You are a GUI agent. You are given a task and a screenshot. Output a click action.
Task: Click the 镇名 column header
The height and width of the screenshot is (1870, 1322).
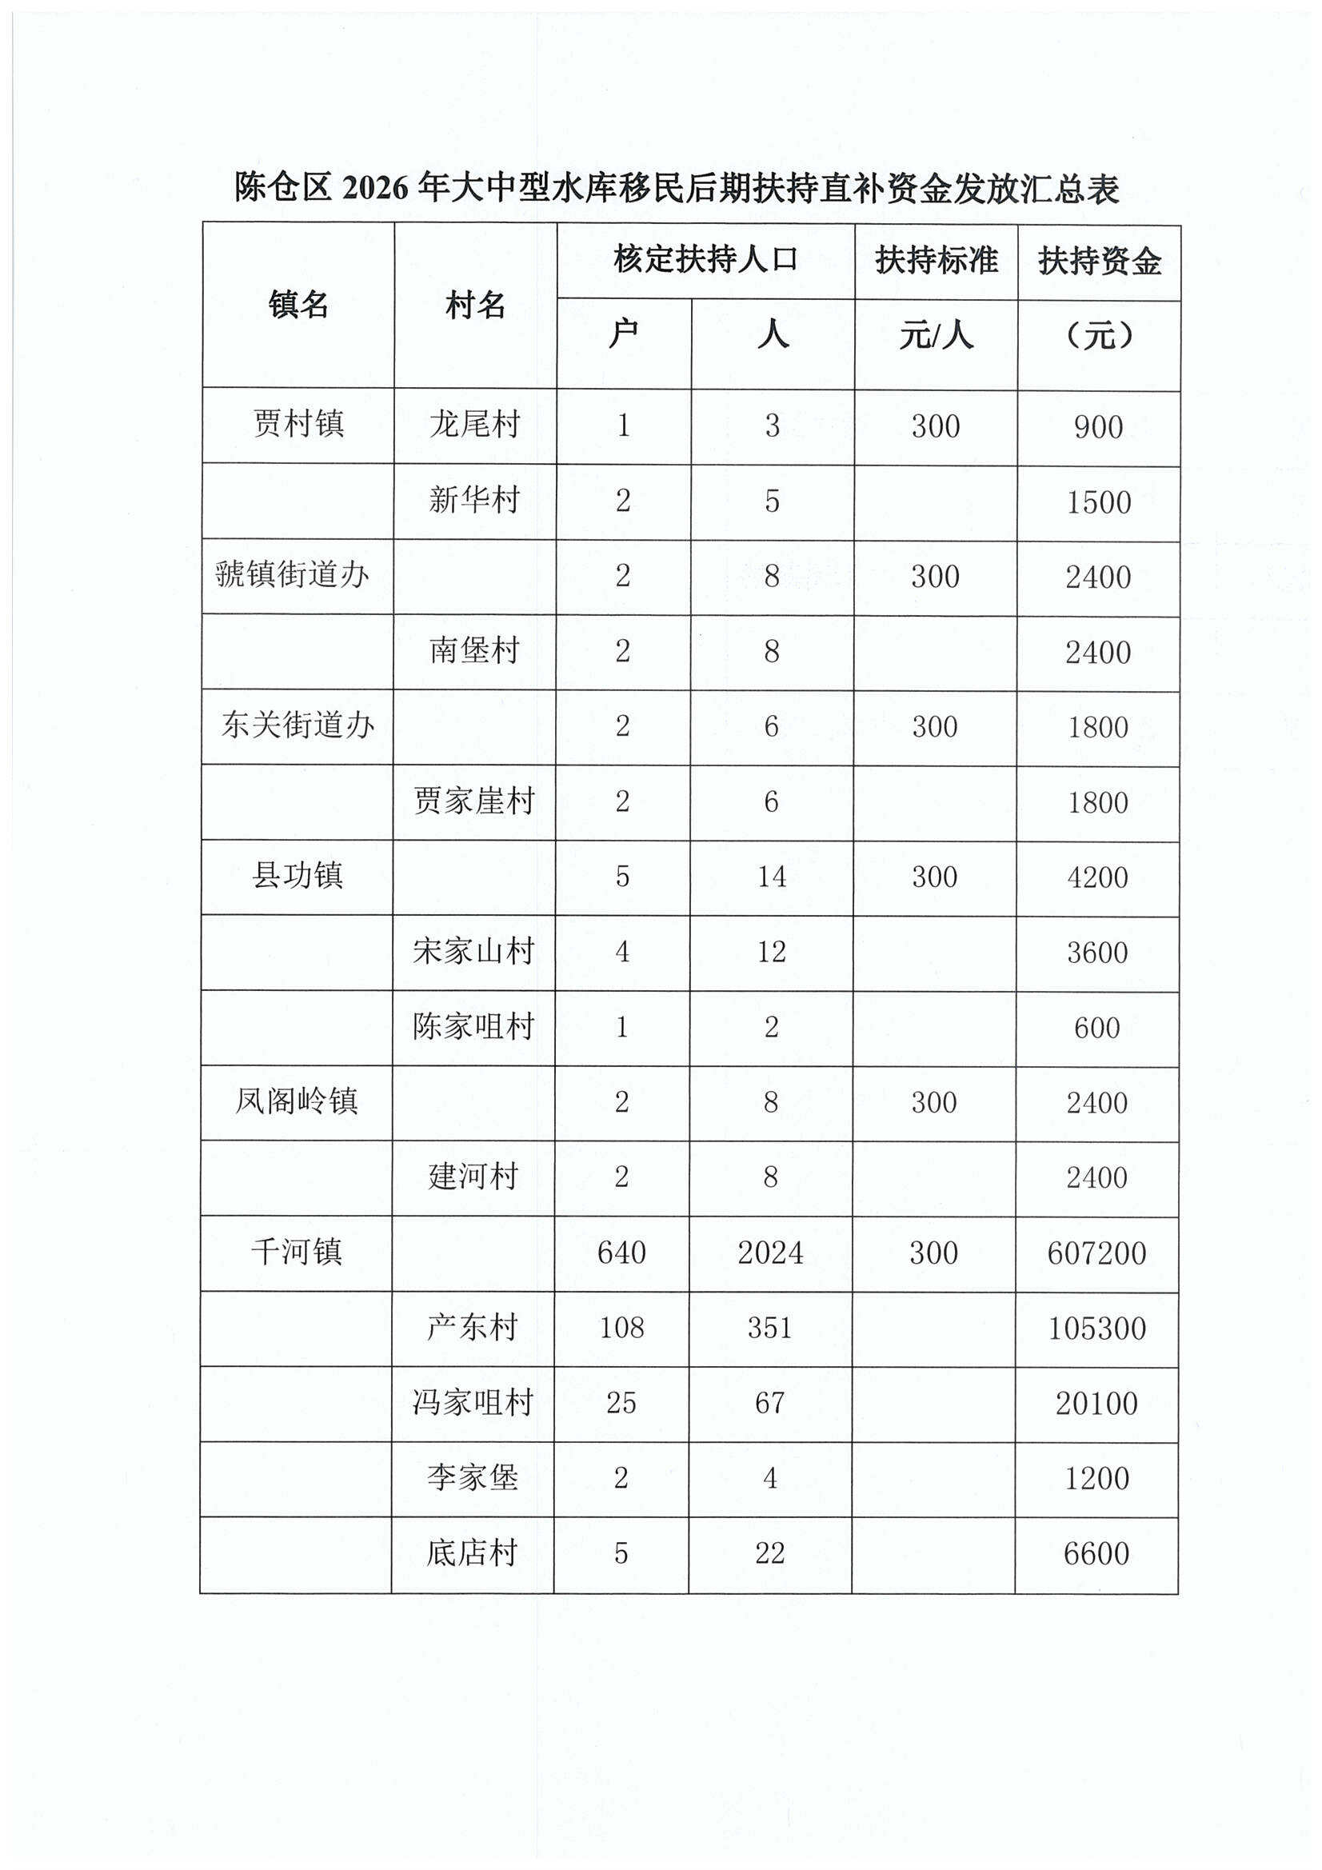298,306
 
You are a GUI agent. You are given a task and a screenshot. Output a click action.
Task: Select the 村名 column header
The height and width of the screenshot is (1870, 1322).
475,306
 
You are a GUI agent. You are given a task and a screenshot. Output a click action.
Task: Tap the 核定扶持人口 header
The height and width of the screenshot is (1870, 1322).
705,260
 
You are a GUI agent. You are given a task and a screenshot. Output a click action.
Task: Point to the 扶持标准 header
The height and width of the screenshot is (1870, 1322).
936,261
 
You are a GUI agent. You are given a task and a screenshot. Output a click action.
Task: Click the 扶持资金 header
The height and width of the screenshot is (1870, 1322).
1099,262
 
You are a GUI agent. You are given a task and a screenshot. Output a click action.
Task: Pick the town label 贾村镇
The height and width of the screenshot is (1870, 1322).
298,425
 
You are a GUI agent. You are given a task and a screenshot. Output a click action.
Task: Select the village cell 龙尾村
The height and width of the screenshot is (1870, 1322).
475,425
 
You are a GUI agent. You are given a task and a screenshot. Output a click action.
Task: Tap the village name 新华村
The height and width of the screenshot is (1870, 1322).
475,500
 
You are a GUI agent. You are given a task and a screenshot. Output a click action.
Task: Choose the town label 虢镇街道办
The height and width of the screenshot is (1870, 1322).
293,575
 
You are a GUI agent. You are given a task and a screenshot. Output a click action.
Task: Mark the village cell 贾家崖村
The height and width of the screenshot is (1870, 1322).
474,801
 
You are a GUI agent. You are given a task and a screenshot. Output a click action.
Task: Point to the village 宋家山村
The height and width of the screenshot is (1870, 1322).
473,951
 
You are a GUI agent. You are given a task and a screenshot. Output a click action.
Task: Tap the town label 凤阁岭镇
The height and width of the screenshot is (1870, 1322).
297,1102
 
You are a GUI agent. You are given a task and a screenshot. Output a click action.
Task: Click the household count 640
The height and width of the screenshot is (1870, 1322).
621,1253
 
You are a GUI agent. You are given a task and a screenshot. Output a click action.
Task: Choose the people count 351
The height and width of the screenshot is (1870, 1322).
769,1328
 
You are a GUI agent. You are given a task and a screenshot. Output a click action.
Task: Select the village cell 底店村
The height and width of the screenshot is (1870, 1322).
473,1553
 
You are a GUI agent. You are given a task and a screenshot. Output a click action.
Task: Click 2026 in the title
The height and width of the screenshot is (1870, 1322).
375,189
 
